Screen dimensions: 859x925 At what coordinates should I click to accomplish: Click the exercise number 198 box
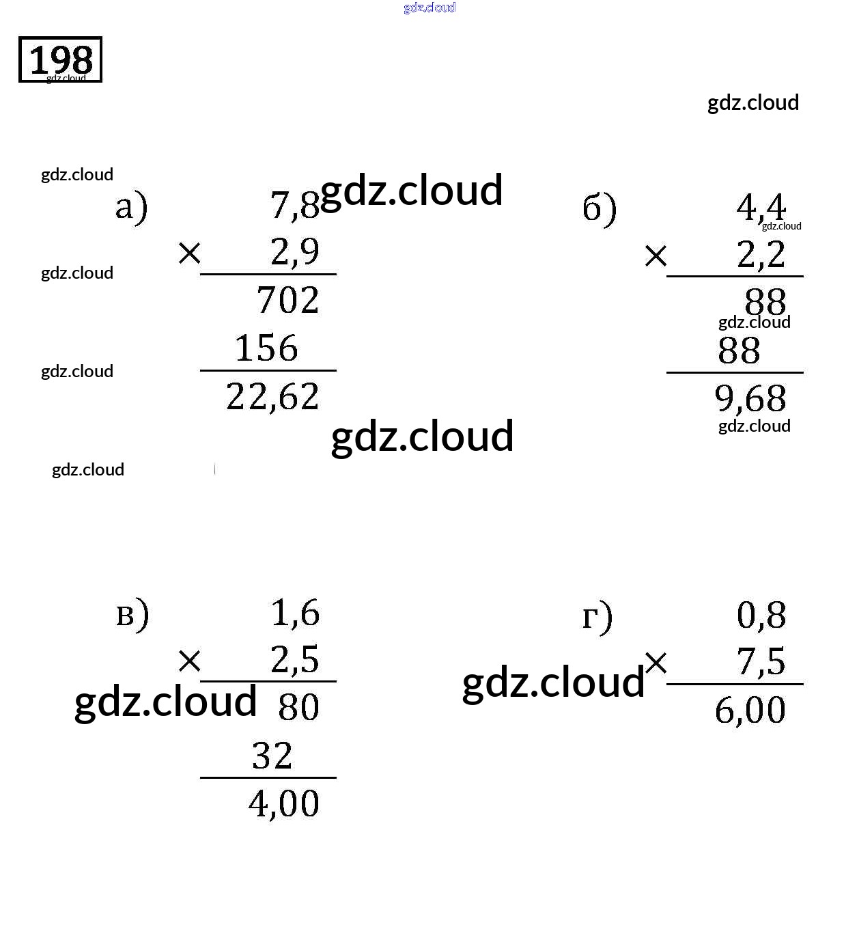60,59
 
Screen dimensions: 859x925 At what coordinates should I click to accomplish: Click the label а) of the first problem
131,207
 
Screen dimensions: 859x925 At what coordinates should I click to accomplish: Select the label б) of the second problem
600,208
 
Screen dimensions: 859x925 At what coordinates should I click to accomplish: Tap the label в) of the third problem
132,613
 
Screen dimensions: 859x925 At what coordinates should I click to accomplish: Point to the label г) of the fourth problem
597,616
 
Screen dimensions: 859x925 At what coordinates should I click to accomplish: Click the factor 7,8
294,204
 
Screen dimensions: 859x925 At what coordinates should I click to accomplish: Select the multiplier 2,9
294,251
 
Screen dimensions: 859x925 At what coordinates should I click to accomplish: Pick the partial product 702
287,300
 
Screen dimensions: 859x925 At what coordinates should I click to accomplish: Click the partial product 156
266,348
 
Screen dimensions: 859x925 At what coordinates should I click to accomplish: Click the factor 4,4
761,206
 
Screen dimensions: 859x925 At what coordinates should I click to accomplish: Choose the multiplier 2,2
761,255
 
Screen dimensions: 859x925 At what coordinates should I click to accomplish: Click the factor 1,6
295,613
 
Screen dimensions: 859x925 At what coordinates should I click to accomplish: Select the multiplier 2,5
294,660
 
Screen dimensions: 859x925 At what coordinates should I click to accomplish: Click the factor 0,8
761,615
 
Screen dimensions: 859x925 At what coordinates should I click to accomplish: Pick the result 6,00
750,710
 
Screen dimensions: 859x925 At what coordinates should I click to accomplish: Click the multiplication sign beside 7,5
656,662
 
